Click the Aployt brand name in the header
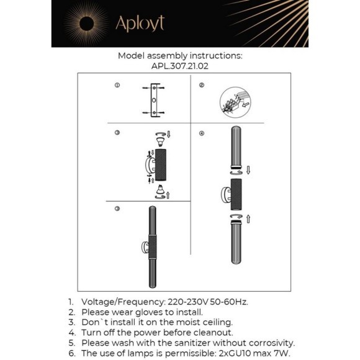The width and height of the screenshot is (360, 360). click(x=140, y=24)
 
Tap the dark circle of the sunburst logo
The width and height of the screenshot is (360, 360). click(x=86, y=24)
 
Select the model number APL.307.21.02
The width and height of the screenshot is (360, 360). click(x=180, y=66)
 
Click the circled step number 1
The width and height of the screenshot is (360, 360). click(x=117, y=85)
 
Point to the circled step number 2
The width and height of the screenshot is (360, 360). click(x=202, y=85)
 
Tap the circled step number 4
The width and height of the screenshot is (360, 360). click(x=202, y=133)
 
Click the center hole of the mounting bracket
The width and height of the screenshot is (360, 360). click(x=154, y=100)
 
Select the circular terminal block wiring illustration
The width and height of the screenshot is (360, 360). click(x=235, y=102)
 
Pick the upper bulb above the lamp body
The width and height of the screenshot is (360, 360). click(x=160, y=142)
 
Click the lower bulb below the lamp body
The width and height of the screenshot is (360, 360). click(x=160, y=189)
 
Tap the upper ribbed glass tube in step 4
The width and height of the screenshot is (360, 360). click(x=236, y=147)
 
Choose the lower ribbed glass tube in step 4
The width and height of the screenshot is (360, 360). click(x=236, y=242)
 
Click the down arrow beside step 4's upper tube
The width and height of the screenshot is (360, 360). click(x=248, y=170)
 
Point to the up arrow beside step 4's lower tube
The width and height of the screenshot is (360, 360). click(x=248, y=219)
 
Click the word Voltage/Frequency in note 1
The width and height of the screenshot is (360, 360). click(x=124, y=302)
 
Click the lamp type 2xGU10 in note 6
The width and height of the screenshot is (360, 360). click(x=235, y=353)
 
